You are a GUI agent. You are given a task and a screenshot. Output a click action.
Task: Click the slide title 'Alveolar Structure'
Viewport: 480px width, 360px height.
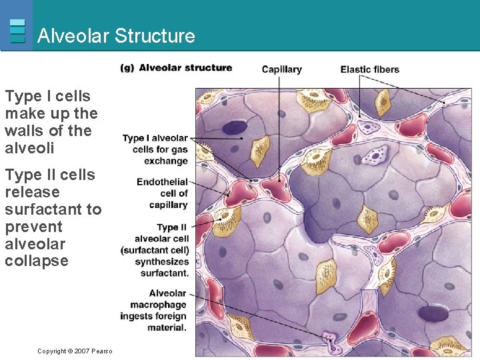pos(116,35)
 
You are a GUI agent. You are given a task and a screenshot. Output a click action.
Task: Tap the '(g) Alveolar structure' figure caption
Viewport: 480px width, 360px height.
pos(176,68)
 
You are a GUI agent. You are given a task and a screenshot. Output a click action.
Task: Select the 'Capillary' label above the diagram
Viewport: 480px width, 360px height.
pos(281,69)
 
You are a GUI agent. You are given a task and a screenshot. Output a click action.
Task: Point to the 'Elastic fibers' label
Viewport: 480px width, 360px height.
pos(369,69)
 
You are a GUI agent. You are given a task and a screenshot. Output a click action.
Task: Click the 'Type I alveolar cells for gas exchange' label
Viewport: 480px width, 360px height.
pos(155,149)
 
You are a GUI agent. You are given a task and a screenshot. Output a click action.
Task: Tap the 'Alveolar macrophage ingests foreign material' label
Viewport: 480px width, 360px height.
pos(158,311)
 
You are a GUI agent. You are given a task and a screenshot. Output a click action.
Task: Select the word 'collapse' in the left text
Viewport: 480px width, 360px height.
pos(37,261)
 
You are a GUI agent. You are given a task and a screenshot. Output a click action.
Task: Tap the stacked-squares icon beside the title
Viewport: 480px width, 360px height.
pos(18,31)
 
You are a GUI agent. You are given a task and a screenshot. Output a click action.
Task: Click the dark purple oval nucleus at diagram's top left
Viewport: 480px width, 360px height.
pos(234,128)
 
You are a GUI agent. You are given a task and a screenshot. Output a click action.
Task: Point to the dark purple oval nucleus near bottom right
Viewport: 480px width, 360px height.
pos(433,313)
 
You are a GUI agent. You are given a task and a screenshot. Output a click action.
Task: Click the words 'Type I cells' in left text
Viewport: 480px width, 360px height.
pos(47,96)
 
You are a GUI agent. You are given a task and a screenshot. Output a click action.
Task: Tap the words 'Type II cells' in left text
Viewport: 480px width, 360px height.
pos(50,175)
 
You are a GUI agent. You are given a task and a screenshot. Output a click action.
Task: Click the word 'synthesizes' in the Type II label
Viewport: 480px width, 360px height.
pos(162,262)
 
